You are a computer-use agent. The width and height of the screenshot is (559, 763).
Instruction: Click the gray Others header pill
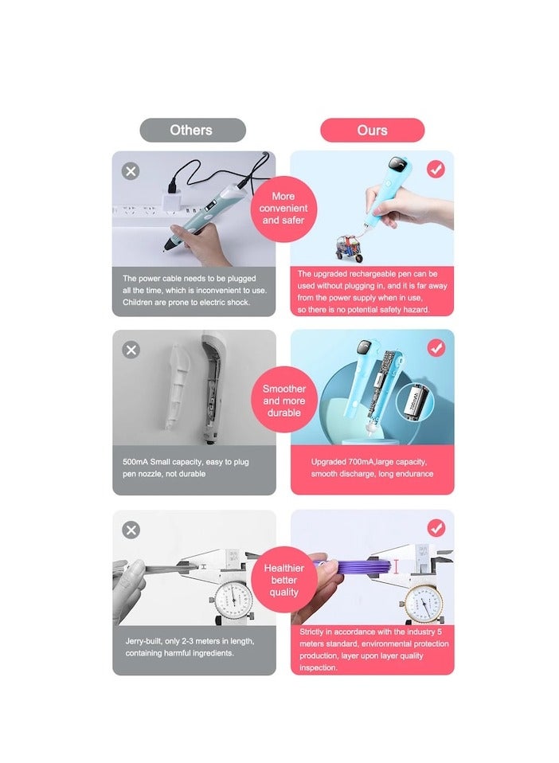192,130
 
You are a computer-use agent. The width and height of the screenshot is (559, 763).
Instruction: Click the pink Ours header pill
372,130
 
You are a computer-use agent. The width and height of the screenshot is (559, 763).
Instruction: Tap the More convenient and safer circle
283,208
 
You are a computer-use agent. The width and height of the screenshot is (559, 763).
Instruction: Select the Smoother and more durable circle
284,401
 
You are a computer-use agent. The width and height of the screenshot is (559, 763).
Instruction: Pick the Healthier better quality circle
283,579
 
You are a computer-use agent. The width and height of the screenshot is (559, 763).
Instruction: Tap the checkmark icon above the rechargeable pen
436,169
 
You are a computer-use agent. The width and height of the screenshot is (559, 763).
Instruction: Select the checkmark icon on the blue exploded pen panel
436,348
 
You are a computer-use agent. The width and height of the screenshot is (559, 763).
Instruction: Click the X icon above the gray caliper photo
131,530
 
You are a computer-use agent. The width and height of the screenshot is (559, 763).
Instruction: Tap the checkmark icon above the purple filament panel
436,528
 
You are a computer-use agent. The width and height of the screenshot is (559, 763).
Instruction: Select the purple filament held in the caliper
358,566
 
